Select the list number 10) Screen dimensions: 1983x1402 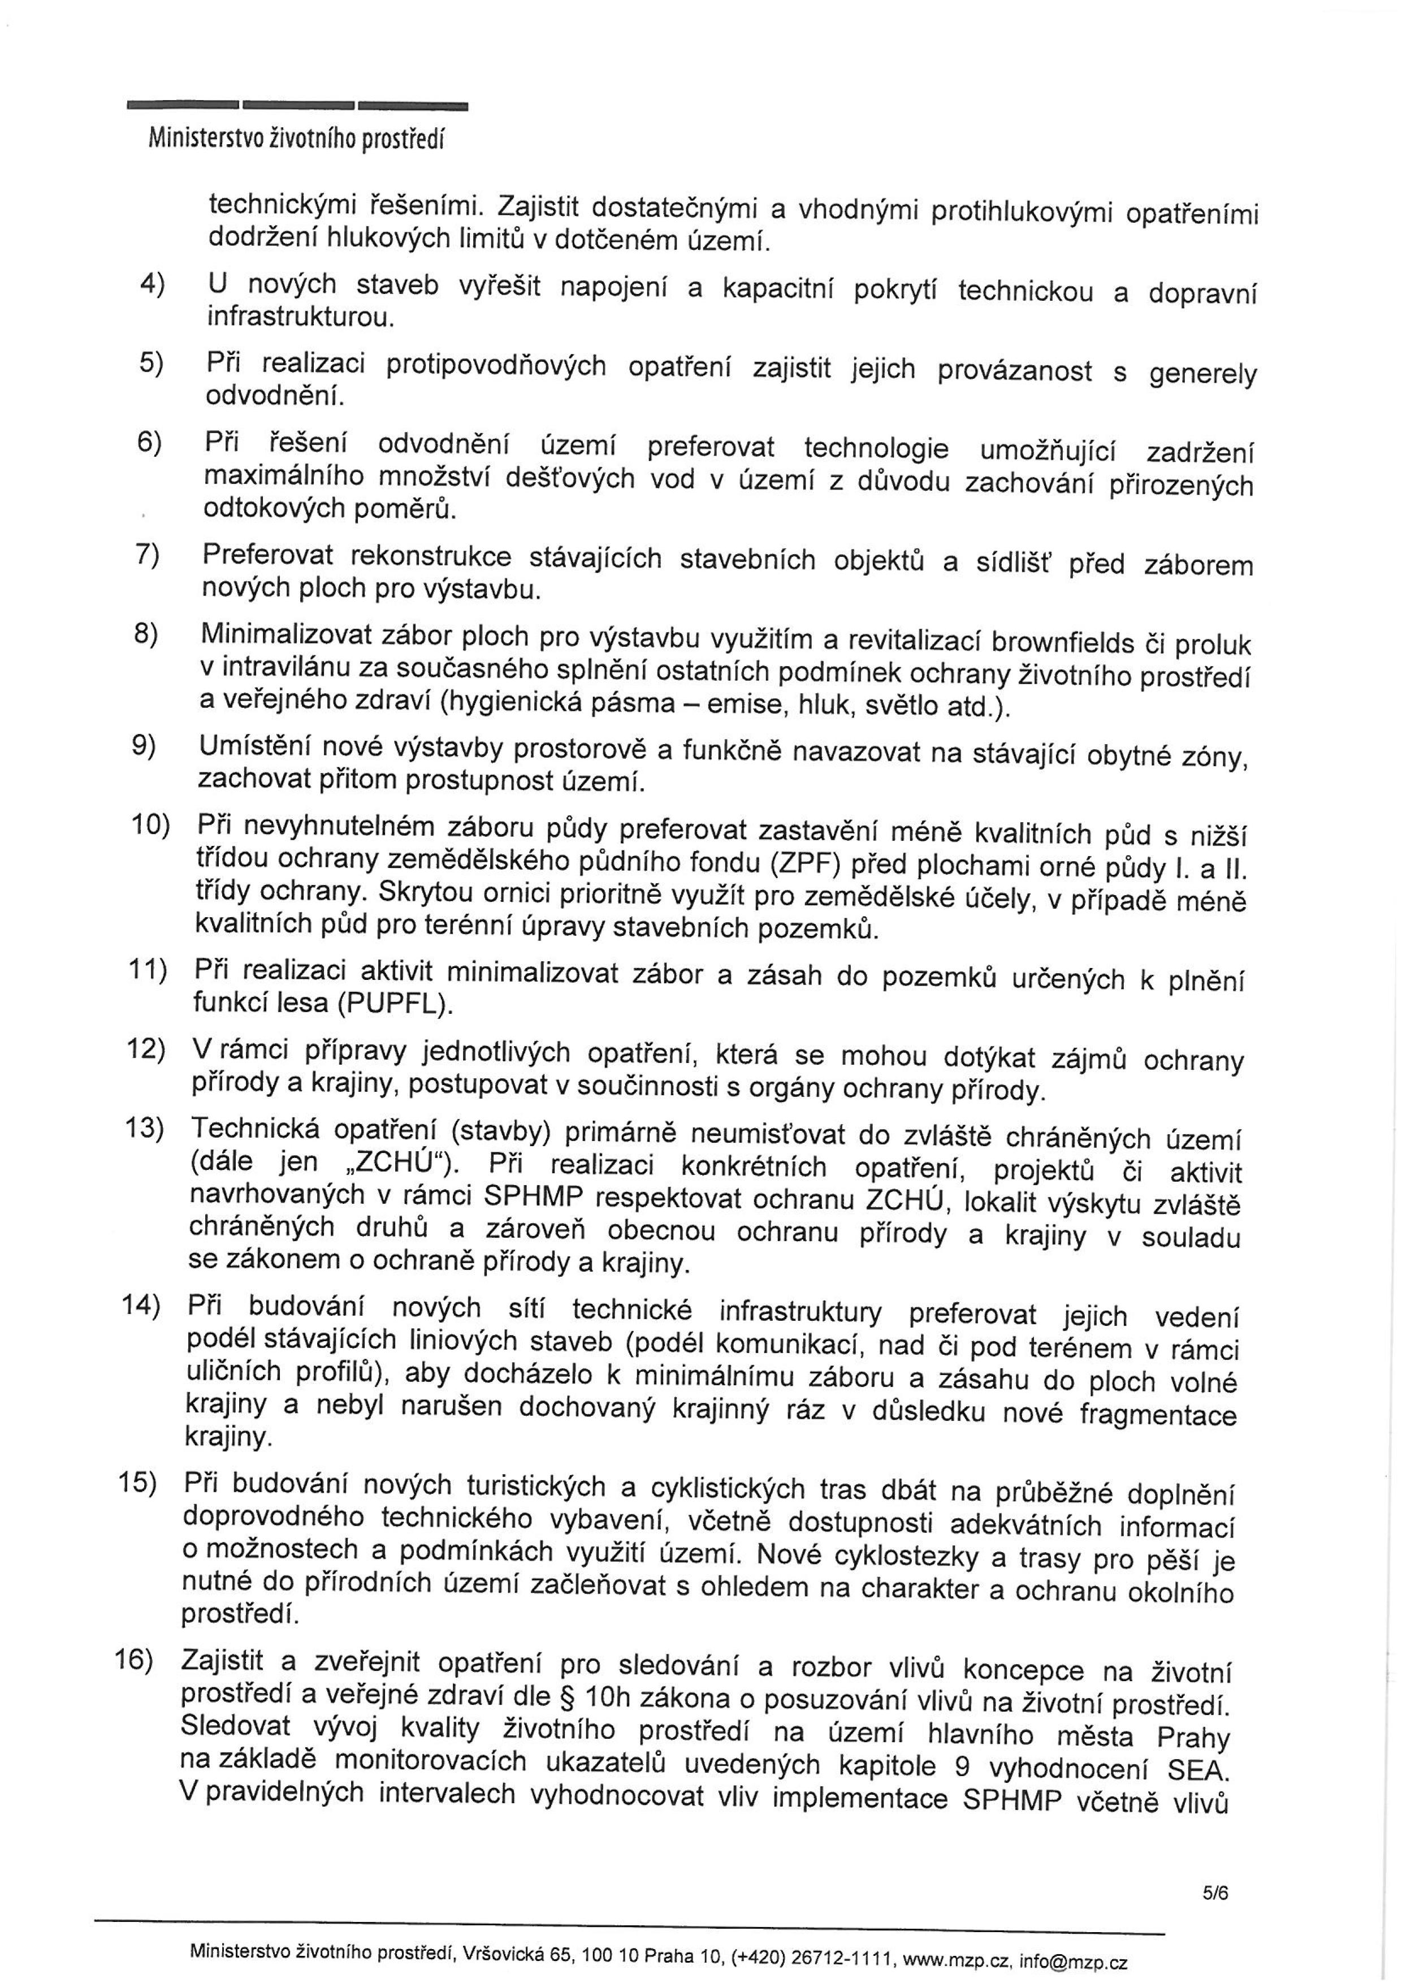pyautogui.click(x=149, y=825)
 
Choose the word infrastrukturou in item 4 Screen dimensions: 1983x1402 pyautogui.click(x=300, y=318)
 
